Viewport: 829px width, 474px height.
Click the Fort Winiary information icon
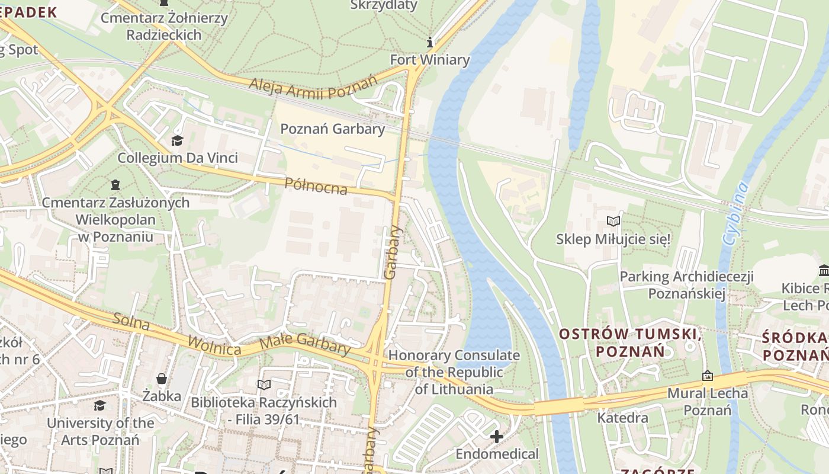tap(430, 42)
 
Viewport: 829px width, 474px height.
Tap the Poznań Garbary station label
tap(332, 129)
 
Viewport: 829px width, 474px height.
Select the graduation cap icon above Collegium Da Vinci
tap(177, 140)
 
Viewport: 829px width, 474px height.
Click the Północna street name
tap(316, 186)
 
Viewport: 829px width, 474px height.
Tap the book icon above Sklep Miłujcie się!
tap(613, 222)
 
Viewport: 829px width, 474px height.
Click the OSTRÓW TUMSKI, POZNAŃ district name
tap(630, 342)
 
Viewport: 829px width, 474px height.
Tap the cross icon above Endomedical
tap(497, 437)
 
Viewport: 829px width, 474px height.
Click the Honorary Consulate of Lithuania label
tap(454, 372)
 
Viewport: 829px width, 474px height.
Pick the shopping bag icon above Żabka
tap(161, 378)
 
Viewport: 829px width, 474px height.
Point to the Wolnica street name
tap(214, 345)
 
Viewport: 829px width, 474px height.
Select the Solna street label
tap(130, 322)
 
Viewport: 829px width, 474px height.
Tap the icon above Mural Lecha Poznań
tap(707, 376)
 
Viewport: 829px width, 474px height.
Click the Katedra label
tap(622, 418)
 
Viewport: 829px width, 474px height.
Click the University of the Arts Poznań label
tap(100, 431)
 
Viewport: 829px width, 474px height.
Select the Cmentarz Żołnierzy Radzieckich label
tap(163, 26)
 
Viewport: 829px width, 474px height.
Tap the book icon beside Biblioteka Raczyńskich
tap(264, 385)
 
